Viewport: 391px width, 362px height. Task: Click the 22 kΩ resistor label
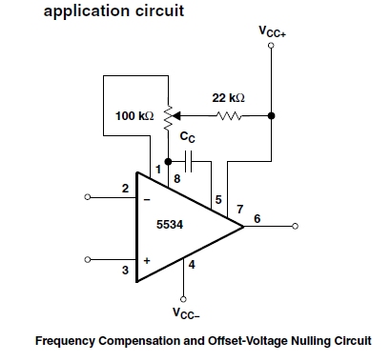pyautogui.click(x=228, y=97)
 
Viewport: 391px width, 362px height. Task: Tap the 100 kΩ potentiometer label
pyautogui.click(x=134, y=115)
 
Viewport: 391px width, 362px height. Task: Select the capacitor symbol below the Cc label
pyautogui.click(x=188, y=161)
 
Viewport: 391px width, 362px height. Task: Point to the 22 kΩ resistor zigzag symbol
pyautogui.click(x=228, y=116)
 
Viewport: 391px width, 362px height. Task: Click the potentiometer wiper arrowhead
pyautogui.click(x=175, y=116)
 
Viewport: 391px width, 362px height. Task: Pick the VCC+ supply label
pyautogui.click(x=273, y=31)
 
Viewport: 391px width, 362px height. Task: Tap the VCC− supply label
pyautogui.click(x=186, y=312)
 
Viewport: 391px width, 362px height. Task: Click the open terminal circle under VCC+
pyautogui.click(x=271, y=46)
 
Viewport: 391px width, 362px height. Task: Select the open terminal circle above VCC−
pyautogui.click(x=183, y=299)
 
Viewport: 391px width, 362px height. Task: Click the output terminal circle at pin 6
pyautogui.click(x=295, y=226)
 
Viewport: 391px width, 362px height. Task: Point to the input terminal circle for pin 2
pyautogui.click(x=88, y=197)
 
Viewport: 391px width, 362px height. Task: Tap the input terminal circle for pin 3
pyautogui.click(x=88, y=260)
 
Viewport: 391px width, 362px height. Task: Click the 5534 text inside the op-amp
pyautogui.click(x=170, y=225)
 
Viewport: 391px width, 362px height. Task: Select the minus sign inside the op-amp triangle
pyautogui.click(x=147, y=200)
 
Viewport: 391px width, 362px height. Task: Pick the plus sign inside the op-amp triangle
pyautogui.click(x=147, y=261)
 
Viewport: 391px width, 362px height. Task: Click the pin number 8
pyautogui.click(x=177, y=179)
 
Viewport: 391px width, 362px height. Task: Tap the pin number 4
pyautogui.click(x=192, y=264)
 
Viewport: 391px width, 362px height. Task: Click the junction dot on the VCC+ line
pyautogui.click(x=271, y=115)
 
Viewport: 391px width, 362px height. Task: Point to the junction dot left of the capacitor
pyautogui.click(x=168, y=162)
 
